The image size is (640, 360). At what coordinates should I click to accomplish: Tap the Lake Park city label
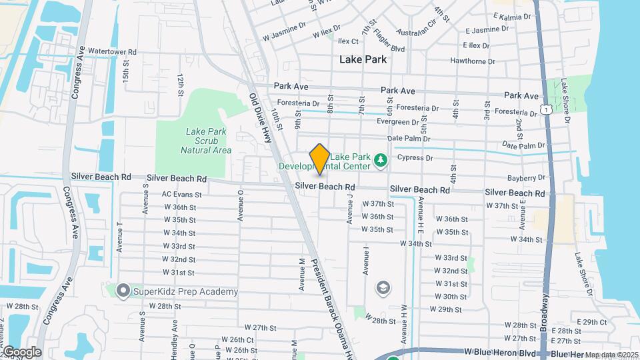363,59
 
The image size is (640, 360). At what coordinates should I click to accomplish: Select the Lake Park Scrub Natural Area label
206,141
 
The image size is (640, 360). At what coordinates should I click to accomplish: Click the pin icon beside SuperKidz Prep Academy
123,291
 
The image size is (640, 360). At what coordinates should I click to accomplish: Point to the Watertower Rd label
112,51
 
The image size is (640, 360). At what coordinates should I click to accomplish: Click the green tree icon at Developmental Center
380,159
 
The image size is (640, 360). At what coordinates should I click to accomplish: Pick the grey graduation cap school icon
383,287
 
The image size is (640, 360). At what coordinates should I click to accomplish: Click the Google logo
22,351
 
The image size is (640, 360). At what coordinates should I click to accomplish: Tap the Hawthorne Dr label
472,61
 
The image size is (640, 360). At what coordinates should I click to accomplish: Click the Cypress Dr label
415,158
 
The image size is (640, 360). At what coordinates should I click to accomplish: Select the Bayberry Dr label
526,177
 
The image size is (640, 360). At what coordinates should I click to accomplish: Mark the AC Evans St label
181,194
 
